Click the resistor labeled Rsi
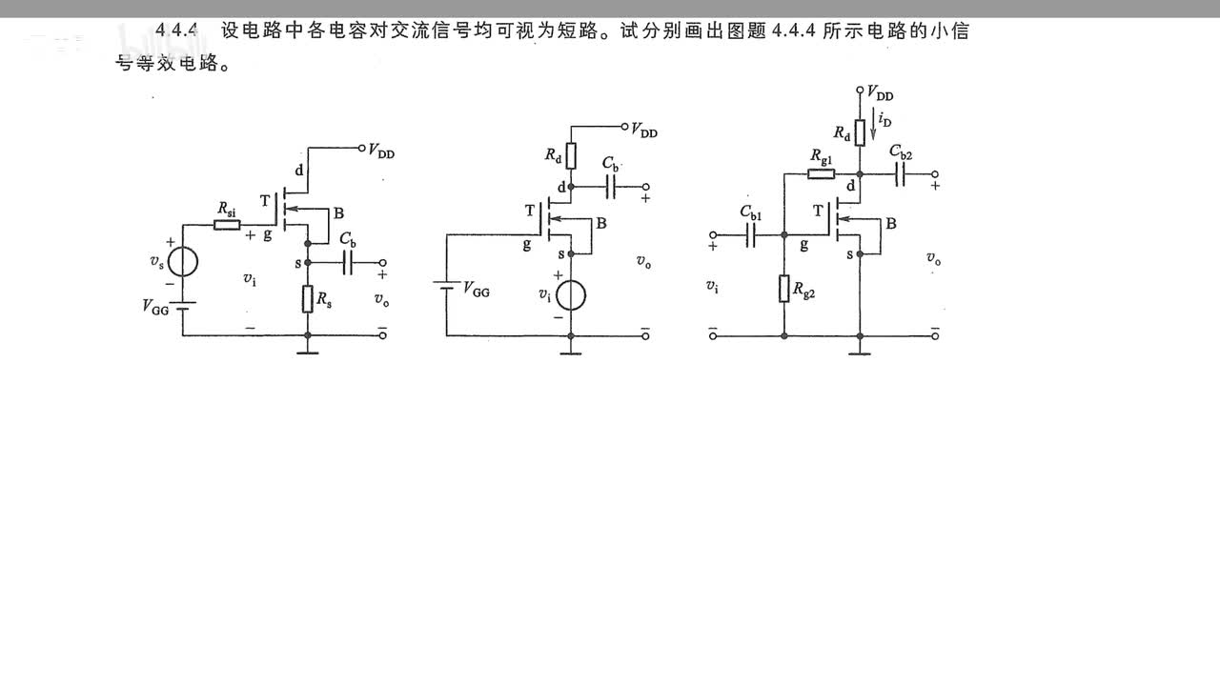(227, 225)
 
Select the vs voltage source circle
(183, 261)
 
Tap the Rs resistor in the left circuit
(308, 299)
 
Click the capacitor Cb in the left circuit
(349, 262)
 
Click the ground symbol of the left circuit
(307, 352)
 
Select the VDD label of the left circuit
(381, 151)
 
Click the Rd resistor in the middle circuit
(571, 155)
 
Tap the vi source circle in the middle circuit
(570, 295)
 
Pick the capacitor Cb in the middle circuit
(611, 187)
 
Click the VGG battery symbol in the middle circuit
(445, 285)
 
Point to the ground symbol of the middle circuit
(570, 352)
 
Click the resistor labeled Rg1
(821, 174)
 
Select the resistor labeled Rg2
(784, 287)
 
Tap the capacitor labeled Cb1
(750, 233)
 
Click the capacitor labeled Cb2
(900, 174)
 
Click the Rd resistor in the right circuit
(860, 132)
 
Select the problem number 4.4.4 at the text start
(176, 30)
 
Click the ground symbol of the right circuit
(860, 352)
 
